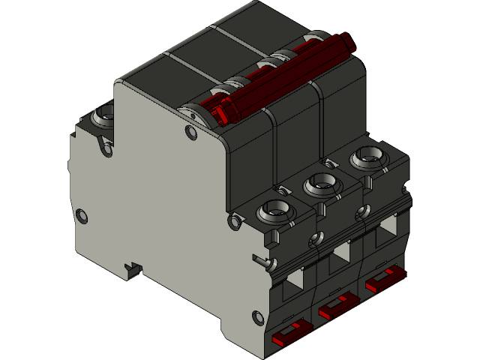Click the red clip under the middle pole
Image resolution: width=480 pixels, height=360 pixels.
(x=338, y=306)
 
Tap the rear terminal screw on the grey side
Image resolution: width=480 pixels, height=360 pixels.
(x=103, y=116)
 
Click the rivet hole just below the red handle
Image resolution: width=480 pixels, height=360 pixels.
(x=190, y=133)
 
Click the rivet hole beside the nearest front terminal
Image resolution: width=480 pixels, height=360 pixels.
(x=237, y=222)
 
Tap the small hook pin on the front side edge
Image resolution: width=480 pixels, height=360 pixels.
(x=262, y=260)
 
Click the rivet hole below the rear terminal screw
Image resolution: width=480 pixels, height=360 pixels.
(x=107, y=150)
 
